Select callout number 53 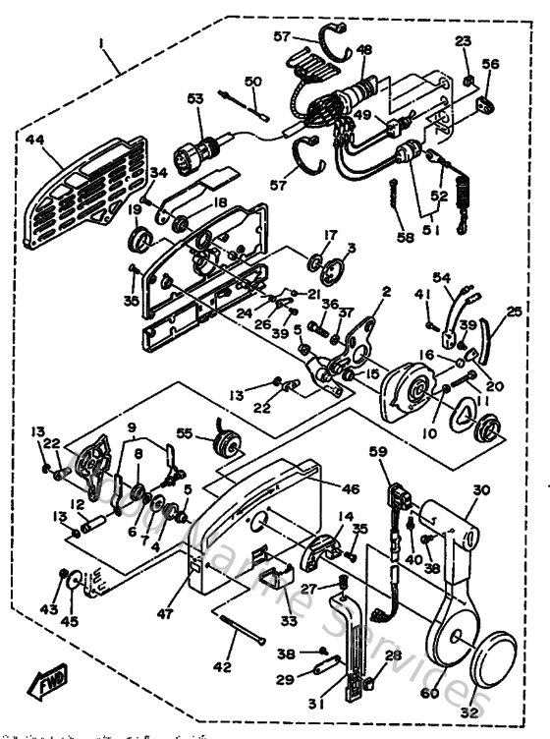(x=194, y=99)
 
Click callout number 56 (x=489, y=64)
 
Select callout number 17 (x=330, y=235)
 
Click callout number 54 (x=441, y=279)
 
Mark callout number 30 (x=480, y=490)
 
